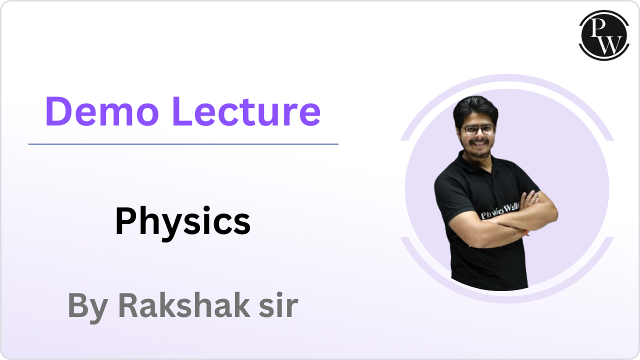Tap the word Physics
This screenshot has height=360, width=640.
click(x=182, y=221)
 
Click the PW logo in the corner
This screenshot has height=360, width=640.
click(x=603, y=35)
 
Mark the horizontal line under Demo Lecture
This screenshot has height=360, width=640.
click(x=183, y=144)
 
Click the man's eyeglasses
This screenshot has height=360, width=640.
click(x=478, y=129)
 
